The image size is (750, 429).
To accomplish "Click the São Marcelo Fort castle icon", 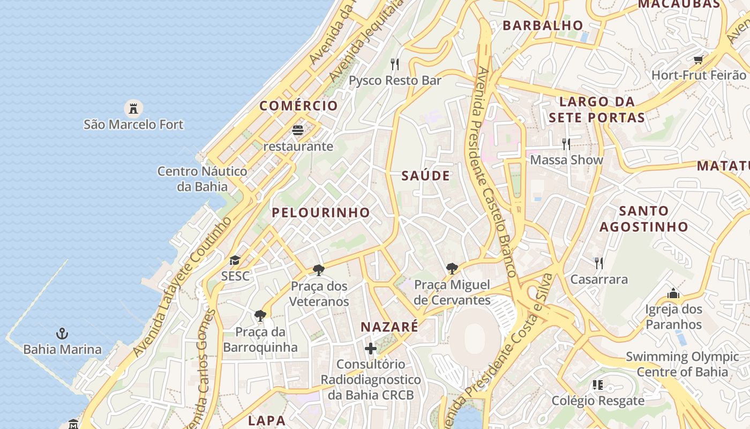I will pos(133,108).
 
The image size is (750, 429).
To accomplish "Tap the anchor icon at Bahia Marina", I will pos(62,334).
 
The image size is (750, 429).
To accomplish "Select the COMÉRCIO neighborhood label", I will pos(299,106).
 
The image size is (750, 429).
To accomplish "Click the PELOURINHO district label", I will pos(321,212).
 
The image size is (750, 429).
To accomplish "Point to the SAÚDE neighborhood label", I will pos(426,176).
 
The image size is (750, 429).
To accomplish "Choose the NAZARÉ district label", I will pos(389,327).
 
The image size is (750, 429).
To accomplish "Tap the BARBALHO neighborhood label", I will pos(543,25).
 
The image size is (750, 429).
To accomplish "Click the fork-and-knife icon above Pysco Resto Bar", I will pos(395,64).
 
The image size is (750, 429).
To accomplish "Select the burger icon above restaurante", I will pos(298,130).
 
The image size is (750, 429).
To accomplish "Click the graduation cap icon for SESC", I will pos(235,261).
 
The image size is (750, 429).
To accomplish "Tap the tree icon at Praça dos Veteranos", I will pos(319,270).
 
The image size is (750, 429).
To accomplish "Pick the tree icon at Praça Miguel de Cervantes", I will pos(452,268).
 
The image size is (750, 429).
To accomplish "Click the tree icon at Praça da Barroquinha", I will pos(260,315).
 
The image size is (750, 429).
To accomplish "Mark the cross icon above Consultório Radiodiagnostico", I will pos(371,349).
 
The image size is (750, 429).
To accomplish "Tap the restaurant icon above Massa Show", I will pos(566,144).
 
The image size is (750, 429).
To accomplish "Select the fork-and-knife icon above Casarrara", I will pos(599,263).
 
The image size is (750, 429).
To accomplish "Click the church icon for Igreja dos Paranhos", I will pos(673,293).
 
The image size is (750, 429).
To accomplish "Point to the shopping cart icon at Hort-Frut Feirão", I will pos(698,60).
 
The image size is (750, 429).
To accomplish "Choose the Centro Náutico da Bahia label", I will pos(202,179).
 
